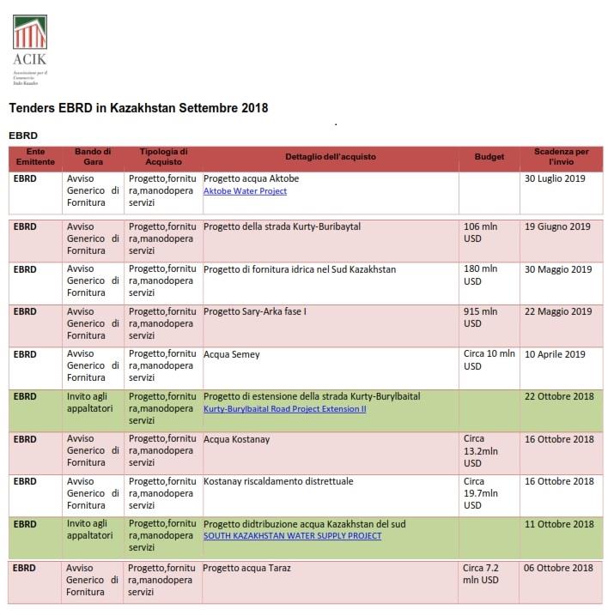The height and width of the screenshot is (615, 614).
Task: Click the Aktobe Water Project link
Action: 245,191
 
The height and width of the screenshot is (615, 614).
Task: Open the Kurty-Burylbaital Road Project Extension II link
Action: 284,409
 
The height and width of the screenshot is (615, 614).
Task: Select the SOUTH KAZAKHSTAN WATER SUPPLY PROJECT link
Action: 292,536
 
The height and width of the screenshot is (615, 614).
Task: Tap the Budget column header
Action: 489,158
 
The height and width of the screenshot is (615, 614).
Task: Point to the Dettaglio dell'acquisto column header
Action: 331,158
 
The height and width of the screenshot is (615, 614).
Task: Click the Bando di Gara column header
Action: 93,158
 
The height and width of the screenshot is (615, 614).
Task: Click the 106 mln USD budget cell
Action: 481,232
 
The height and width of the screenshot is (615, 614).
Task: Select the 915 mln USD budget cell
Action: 481,317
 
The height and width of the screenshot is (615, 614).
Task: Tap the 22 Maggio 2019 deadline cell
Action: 557,311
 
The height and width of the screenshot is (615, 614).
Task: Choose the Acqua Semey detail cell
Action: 232,354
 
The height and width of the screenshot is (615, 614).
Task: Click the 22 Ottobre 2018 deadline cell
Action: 558,397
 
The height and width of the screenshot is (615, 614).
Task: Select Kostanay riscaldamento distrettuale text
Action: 278,482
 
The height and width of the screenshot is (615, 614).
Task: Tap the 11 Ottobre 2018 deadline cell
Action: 558,524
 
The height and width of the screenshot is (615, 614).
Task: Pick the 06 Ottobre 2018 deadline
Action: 558,568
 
